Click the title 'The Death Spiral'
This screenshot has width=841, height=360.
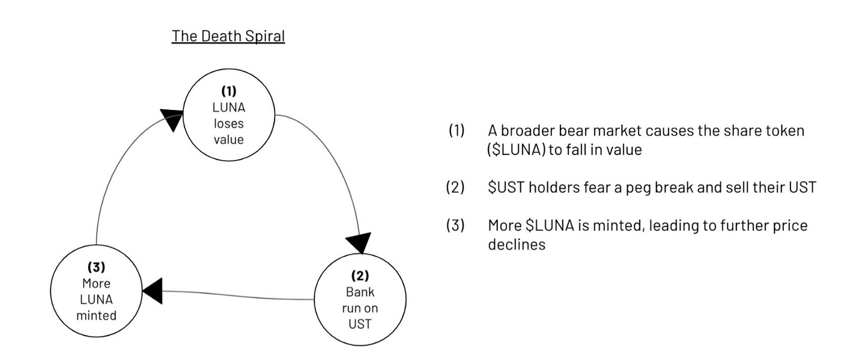tap(228, 37)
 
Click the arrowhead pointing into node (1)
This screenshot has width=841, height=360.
tap(172, 119)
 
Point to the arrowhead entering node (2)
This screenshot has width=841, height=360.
tap(359, 243)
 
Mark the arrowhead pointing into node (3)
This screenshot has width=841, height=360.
tap(153, 291)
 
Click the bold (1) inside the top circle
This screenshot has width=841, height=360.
tap(229, 91)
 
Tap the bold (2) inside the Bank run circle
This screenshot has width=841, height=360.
tap(360, 276)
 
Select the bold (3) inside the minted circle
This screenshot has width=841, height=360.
tap(97, 267)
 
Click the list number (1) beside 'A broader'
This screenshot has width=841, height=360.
tap(457, 130)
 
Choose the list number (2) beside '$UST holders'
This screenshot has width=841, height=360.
tap(455, 187)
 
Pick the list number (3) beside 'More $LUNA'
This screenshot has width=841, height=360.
tap(455, 225)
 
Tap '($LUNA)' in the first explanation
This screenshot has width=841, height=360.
tap(516, 150)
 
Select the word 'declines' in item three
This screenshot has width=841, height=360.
tap(517, 245)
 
